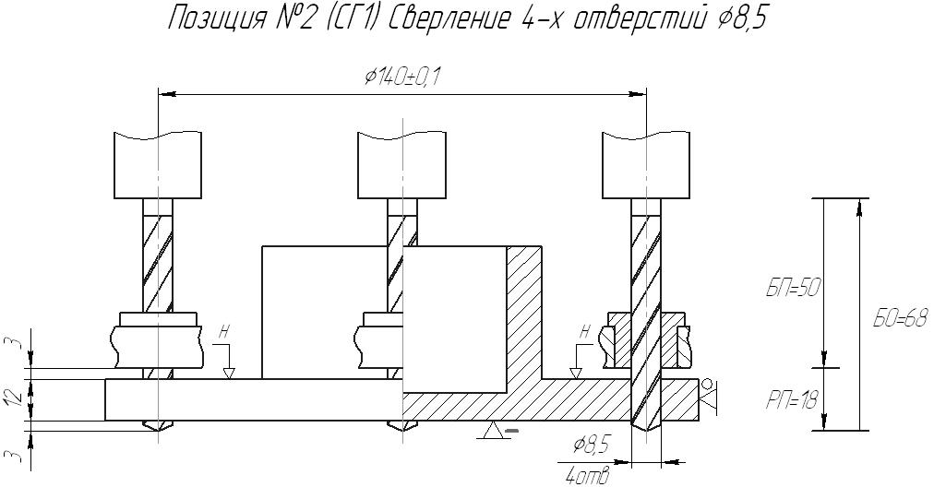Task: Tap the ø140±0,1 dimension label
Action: tap(401, 77)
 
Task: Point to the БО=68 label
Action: tap(900, 319)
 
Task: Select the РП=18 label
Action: tap(793, 399)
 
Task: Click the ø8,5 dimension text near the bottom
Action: tap(591, 446)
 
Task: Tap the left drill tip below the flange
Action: tap(158, 429)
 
